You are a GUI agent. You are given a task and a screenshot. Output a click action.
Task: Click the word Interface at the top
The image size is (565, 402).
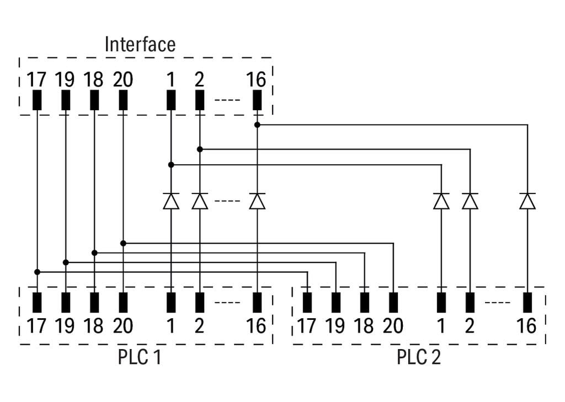140,44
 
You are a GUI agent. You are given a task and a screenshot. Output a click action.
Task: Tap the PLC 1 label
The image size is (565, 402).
140,357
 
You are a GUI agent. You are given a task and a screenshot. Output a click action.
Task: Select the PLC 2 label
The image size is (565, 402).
419,357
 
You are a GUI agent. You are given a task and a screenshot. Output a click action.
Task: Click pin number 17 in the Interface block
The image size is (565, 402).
37,80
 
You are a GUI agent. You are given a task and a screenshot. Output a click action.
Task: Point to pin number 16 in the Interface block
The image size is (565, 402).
257,80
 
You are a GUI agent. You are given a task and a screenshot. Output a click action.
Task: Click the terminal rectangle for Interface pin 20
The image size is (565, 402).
123,100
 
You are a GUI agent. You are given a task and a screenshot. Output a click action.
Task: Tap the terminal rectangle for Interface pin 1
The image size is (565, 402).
171,100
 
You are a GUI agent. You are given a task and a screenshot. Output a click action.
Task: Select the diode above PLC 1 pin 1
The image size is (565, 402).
171,201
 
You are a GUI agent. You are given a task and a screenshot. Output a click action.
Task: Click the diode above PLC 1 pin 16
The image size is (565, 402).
257,201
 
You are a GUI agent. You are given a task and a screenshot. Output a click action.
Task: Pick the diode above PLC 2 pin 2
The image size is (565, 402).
470,201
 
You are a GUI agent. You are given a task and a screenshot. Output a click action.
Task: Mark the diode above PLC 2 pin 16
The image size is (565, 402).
527,201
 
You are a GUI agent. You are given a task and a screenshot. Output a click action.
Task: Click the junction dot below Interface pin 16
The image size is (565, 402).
257,125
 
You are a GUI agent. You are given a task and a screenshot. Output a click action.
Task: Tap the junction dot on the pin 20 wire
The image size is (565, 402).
123,243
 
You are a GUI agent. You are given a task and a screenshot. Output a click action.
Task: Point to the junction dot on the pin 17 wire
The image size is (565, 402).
37,272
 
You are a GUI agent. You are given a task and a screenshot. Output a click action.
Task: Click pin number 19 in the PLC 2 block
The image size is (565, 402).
335,326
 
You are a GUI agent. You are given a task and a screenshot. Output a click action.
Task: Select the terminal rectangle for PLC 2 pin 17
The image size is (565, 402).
307,302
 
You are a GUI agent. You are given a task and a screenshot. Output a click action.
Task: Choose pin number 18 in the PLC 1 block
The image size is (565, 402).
94,326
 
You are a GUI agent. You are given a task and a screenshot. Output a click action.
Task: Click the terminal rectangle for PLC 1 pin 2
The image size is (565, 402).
200,302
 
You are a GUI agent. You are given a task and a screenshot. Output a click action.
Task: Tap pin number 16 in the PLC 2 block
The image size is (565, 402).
527,326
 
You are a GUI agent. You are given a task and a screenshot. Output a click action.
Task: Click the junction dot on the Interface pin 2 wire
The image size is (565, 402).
200,149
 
